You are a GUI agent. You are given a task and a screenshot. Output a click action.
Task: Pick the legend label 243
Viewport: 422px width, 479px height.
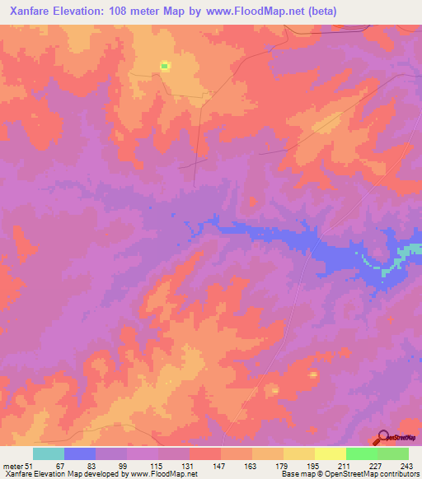tap(404, 466)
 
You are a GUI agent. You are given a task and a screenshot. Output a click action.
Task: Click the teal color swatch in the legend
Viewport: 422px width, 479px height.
tap(49, 453)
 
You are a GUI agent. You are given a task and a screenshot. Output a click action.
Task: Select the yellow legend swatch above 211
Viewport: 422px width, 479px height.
tap(331, 453)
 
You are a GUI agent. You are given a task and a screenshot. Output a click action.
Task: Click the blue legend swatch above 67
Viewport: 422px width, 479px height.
tap(80, 453)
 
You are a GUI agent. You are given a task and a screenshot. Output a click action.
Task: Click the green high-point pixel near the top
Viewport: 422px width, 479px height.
tap(164, 66)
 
